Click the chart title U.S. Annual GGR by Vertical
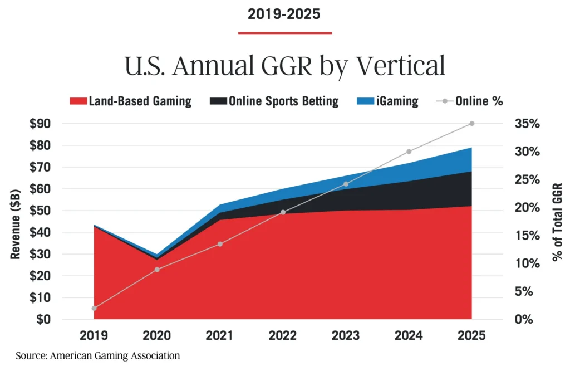[x=284, y=66]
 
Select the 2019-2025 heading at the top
[x=284, y=14]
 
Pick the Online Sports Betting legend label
[x=291, y=101]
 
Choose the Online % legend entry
[x=479, y=101]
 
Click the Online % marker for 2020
[x=157, y=270]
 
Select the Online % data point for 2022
[x=283, y=212]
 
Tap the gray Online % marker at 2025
[x=471, y=124]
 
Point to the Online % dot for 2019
[x=94, y=308]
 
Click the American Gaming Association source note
[x=98, y=355]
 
